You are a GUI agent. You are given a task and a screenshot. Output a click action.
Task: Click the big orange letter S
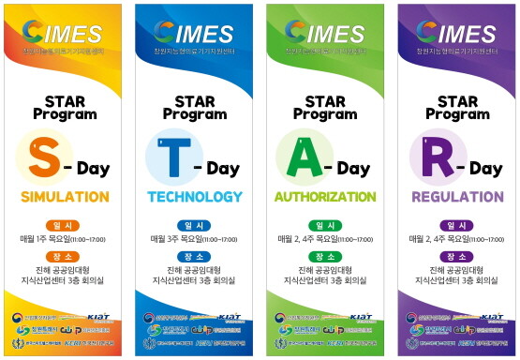click(44, 158)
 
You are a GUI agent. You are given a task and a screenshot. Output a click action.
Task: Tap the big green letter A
click(301, 158)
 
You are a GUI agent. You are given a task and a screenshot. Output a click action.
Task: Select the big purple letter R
click(430, 158)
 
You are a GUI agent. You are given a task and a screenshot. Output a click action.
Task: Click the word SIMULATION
click(65, 198)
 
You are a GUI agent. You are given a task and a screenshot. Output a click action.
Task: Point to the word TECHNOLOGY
click(194, 198)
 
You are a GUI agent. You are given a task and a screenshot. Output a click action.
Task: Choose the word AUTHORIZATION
click(325, 198)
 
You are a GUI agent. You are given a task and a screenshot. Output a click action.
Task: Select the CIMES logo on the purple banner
click(453, 36)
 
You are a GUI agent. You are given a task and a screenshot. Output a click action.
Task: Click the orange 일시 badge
click(65, 226)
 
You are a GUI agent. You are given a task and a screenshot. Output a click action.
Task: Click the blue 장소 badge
click(194, 257)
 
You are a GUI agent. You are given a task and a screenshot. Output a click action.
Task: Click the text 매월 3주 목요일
click(176, 240)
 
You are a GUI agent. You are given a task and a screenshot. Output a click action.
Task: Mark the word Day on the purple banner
click(484, 169)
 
